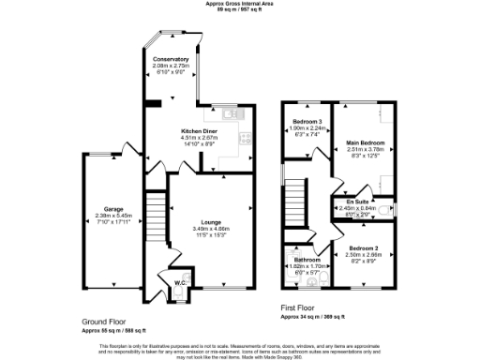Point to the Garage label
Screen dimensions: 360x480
click(104, 210)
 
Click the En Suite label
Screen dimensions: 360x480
click(355, 202)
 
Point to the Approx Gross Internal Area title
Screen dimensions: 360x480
click(240, 4)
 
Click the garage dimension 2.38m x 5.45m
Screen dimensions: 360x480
click(104, 217)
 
